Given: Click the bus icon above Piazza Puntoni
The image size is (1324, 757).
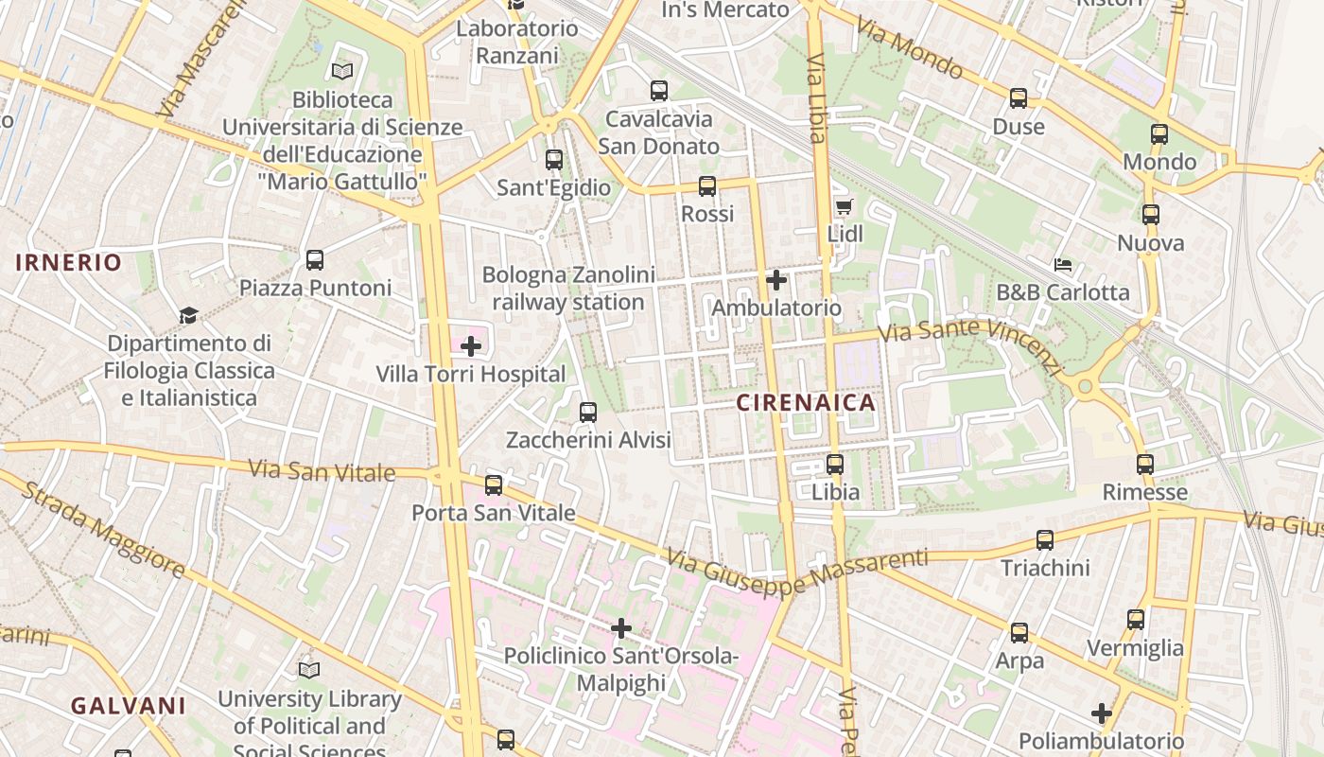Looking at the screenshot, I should (x=315, y=259).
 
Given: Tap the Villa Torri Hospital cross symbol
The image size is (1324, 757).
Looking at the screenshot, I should (x=471, y=346).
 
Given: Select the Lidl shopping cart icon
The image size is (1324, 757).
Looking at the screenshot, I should (x=844, y=206).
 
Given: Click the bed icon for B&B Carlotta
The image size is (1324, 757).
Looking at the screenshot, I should (x=1063, y=265).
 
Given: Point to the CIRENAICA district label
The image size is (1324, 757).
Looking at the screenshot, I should (x=806, y=403).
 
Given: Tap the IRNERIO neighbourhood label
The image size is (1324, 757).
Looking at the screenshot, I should (x=69, y=262).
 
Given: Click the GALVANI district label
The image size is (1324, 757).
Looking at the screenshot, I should (x=129, y=706).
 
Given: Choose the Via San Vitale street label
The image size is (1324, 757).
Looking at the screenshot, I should (x=321, y=470).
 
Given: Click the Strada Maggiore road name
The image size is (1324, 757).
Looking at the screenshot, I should (x=103, y=529).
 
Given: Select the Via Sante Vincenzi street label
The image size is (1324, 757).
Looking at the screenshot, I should (x=970, y=344).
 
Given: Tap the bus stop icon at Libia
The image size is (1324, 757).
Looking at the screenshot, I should (x=835, y=464).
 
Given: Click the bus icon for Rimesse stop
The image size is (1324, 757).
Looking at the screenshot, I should (x=1145, y=464).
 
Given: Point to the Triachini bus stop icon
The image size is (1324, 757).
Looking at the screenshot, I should (x=1045, y=539).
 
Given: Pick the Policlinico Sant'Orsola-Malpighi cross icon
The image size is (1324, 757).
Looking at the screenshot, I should (x=621, y=627).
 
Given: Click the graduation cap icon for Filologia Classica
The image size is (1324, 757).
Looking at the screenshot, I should (x=189, y=315).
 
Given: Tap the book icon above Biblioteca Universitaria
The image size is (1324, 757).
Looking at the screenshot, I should (x=342, y=71).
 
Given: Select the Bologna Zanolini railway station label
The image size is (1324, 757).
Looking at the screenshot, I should (x=568, y=289).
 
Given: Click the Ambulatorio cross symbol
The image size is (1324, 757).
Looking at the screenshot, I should (x=776, y=280).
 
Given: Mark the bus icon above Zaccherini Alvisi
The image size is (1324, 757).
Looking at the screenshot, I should (x=588, y=412).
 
